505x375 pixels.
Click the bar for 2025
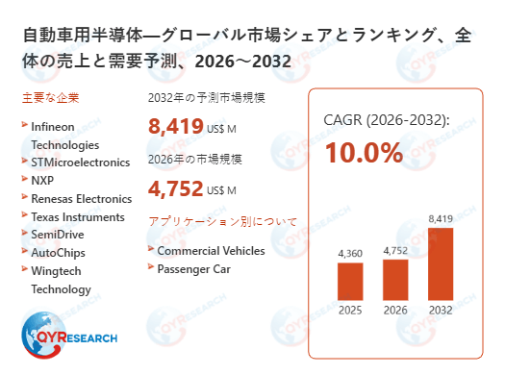350,281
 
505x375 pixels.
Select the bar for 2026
395,279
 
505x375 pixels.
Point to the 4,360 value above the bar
350,253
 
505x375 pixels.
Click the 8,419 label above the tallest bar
439,219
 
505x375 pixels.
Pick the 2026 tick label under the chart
395,311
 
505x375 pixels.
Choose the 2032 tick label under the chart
439,311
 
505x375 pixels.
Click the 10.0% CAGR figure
363,153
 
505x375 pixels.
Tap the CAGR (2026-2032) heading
387,121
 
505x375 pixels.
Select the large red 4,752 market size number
176,189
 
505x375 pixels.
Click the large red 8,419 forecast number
176,126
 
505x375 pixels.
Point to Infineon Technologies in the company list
64,136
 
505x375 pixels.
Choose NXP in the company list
43,181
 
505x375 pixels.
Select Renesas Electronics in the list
81,199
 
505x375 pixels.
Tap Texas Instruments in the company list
78,217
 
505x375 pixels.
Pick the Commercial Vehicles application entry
211,250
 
